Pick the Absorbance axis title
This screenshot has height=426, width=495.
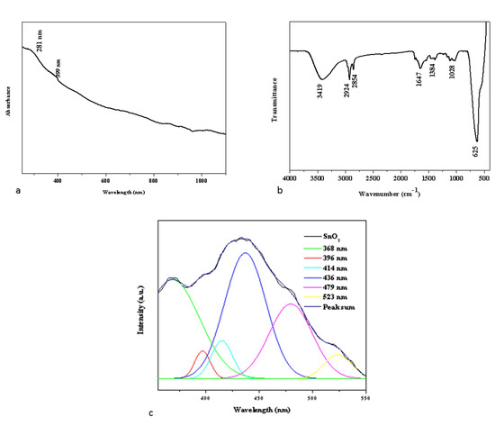point(10,95)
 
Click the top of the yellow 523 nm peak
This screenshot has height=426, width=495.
point(337,355)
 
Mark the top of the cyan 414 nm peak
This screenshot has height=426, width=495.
point(221,340)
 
